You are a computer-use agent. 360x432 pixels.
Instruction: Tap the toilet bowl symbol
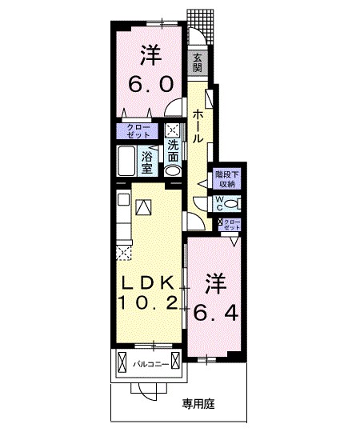(x=231, y=203)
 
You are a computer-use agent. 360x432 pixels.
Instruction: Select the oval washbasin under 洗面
(x=174, y=169)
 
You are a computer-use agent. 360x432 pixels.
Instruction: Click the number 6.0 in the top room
(x=150, y=83)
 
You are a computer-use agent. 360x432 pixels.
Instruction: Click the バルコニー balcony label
(x=150, y=366)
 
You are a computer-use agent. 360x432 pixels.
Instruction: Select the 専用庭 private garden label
(x=200, y=404)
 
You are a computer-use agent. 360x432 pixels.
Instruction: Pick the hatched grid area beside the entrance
(x=195, y=18)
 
